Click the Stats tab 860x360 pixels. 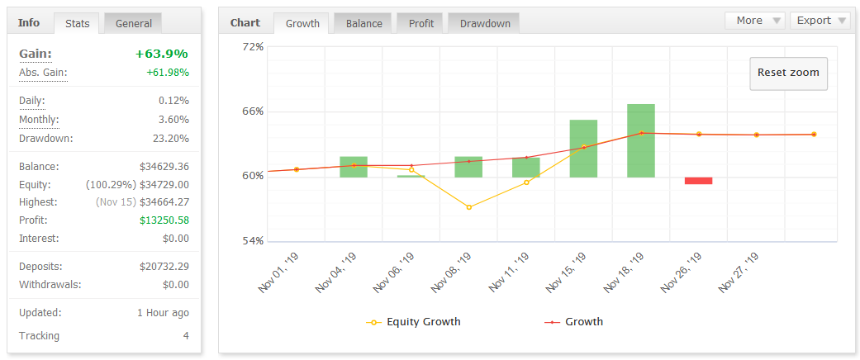[x=78, y=23]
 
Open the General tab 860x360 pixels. [x=133, y=23]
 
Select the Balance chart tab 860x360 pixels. [x=364, y=23]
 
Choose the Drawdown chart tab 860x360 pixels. [x=485, y=23]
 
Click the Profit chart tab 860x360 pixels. [x=421, y=23]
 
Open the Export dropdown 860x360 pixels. [x=820, y=21]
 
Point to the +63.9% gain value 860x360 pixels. [x=162, y=54]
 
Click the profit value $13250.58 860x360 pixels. [x=164, y=220]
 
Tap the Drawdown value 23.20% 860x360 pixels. [x=171, y=138]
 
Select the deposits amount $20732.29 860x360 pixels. [x=164, y=267]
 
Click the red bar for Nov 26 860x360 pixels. [x=698, y=181]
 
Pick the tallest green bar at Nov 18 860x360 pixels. [x=641, y=140]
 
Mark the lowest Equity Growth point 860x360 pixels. [x=469, y=207]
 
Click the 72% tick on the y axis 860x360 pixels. [x=253, y=47]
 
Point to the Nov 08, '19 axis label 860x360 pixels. [x=452, y=272]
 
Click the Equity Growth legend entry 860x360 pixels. [x=414, y=322]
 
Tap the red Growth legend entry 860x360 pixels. [x=573, y=322]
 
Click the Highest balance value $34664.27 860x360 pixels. [x=164, y=202]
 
